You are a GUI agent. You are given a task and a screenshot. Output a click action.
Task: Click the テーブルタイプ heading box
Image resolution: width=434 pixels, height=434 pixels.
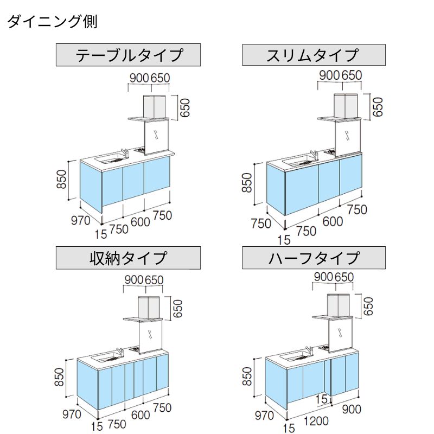coord(129,55)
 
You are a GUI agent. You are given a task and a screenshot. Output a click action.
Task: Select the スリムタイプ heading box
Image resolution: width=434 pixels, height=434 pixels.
coord(314,55)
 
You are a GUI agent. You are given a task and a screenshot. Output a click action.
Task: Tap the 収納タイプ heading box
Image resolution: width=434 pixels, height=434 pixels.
coord(129,258)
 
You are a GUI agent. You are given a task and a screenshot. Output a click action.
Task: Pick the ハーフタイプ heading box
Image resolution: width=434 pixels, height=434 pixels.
coord(314,258)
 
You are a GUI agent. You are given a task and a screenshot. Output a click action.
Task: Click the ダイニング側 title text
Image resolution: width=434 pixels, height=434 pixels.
coord(52,22)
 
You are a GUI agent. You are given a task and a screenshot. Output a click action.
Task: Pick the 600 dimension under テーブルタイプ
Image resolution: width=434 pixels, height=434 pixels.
coord(140,221)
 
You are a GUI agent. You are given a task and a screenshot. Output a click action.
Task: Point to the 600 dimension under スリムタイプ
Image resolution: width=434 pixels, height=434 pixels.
coord(332,221)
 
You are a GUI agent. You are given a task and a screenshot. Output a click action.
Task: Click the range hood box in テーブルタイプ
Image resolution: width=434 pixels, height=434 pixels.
coord(154,106)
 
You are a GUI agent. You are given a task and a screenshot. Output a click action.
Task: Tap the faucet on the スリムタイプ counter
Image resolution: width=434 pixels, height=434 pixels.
coord(313,156)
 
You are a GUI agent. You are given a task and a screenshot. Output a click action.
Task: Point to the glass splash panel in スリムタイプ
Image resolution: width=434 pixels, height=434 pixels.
coord(348,136)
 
